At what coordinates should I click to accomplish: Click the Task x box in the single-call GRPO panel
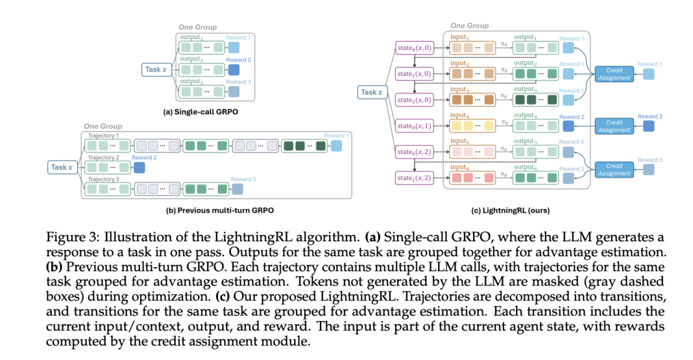pos(156,69)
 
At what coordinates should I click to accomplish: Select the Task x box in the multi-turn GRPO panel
pos(62,167)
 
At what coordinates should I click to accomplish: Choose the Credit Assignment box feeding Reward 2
pos(614,126)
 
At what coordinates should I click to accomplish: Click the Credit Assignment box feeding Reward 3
pos(614,169)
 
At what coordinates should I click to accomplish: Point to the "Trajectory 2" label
pos(103,158)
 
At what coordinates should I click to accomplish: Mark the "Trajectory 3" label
pos(103,179)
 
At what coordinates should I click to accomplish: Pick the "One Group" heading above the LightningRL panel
pos(470,25)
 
